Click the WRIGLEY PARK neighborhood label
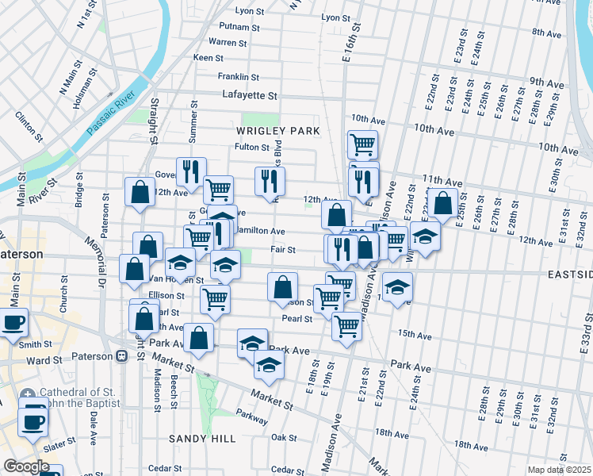click(277, 130)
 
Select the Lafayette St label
click(250, 95)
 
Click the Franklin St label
click(239, 77)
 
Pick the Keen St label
click(209, 58)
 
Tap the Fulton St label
click(252, 147)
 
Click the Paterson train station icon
click(121, 356)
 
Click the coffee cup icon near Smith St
click(13, 323)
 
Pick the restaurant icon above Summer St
click(190, 169)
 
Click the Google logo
click(26, 466)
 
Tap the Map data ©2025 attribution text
click(559, 470)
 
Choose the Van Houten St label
click(163, 279)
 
